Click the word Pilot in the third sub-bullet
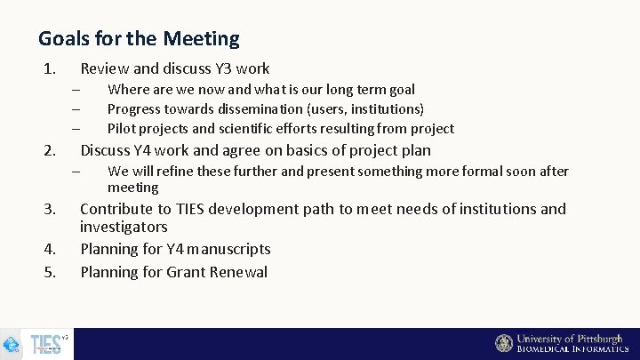coord(122,128)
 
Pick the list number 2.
coord(50,150)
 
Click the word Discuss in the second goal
coord(105,150)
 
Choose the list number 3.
coord(50,210)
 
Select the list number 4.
coord(50,250)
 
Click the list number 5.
coord(50,273)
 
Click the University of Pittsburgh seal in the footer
coord(504,343)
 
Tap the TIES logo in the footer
coord(47,343)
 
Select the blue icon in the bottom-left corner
coord(12,344)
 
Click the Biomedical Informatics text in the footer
coord(572,349)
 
